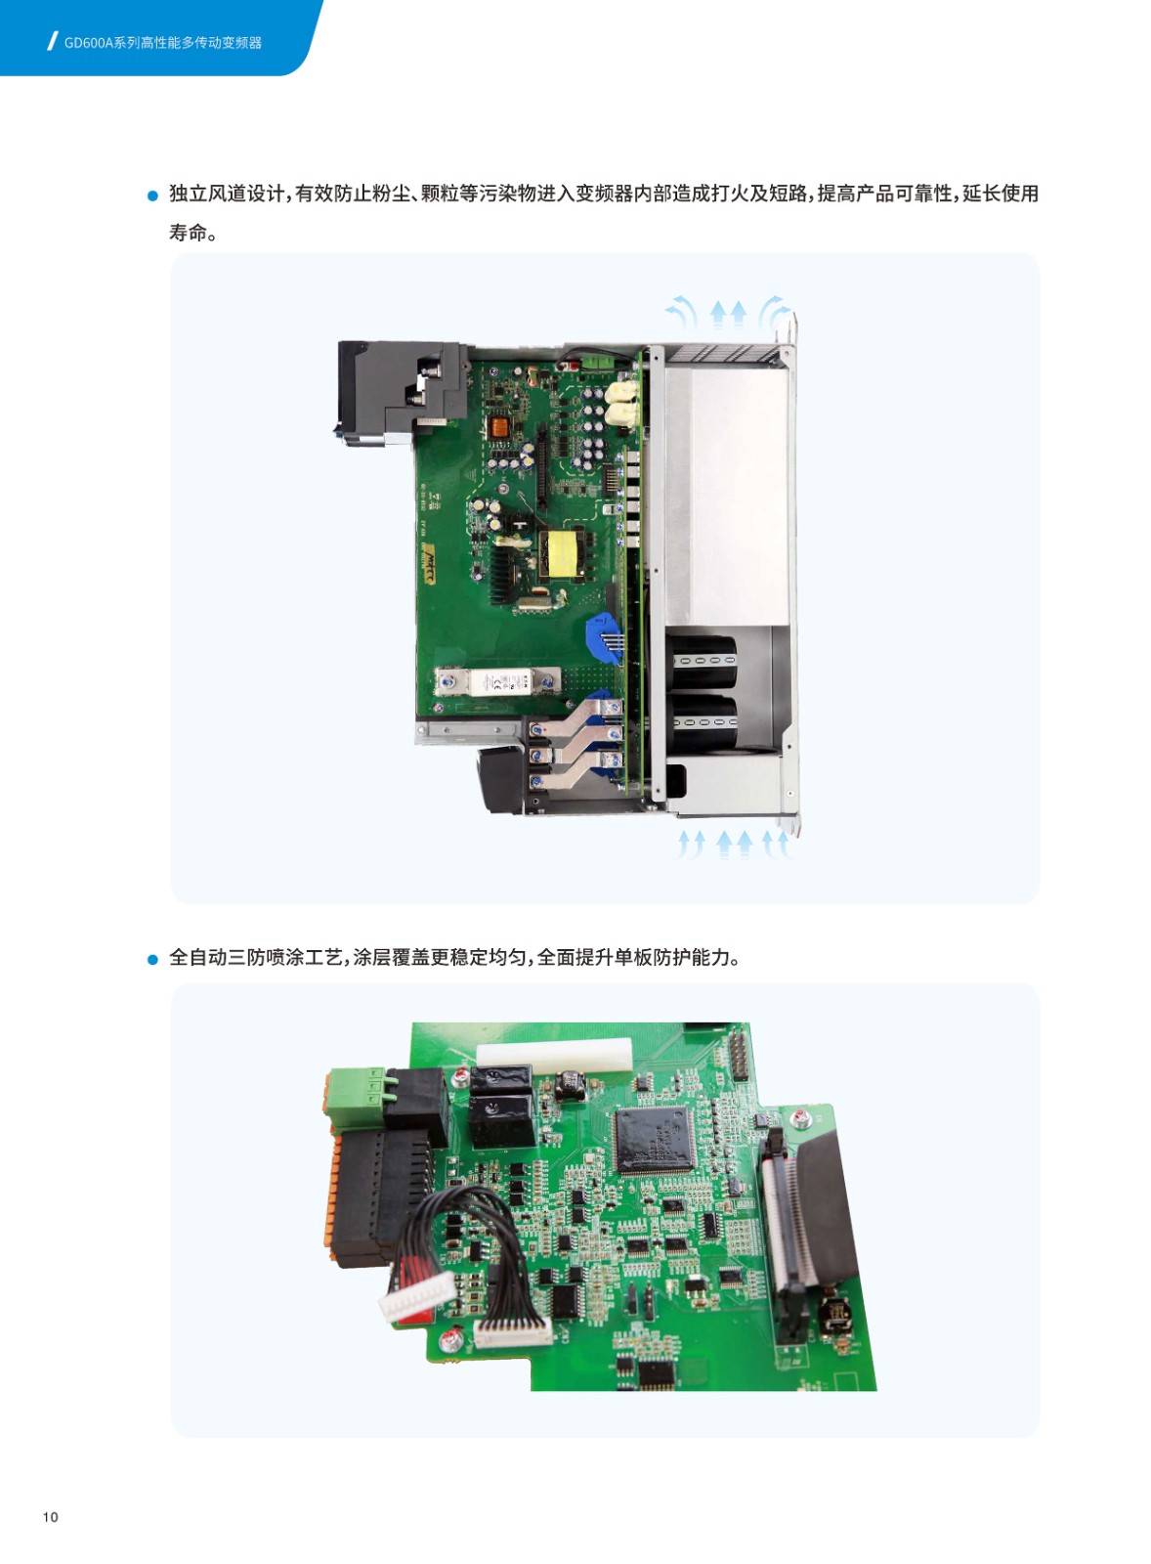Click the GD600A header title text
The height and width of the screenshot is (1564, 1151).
(162, 43)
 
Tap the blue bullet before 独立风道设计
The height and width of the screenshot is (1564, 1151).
(152, 196)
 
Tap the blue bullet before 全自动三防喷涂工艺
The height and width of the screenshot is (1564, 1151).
(152, 959)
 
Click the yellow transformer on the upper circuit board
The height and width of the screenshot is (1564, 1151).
(562, 553)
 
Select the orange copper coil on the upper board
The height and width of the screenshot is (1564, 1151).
(498, 427)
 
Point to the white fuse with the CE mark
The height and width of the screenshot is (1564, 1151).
(497, 681)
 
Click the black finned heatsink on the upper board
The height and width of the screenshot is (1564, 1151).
(503, 574)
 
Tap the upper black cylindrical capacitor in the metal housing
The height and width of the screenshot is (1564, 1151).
(703, 659)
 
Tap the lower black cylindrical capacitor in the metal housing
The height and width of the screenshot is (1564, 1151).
(703, 721)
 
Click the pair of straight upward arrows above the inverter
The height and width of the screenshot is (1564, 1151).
(728, 314)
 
